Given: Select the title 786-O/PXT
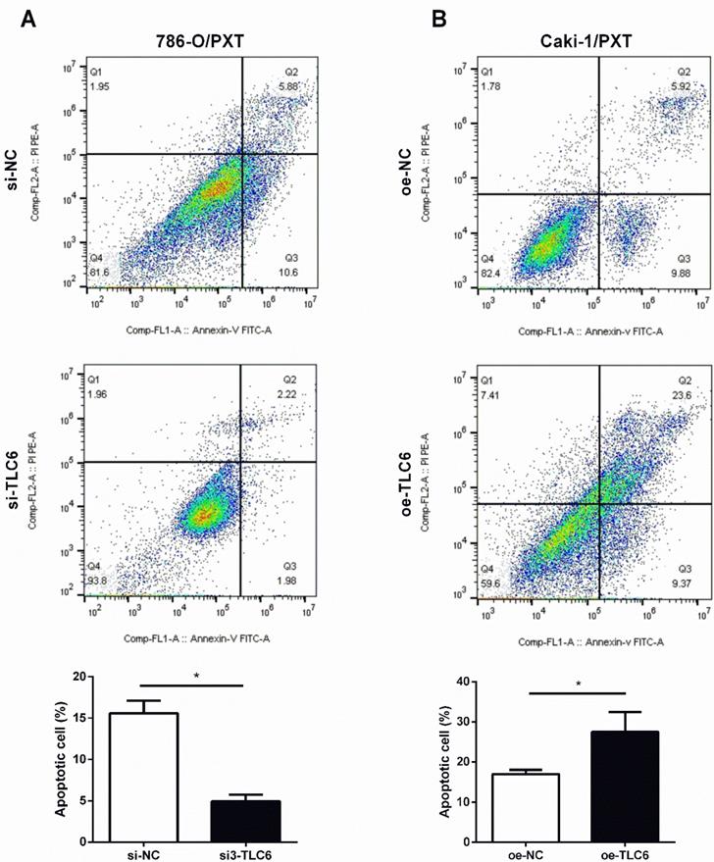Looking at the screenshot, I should click(199, 42).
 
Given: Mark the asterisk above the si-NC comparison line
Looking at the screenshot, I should click(196, 677).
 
